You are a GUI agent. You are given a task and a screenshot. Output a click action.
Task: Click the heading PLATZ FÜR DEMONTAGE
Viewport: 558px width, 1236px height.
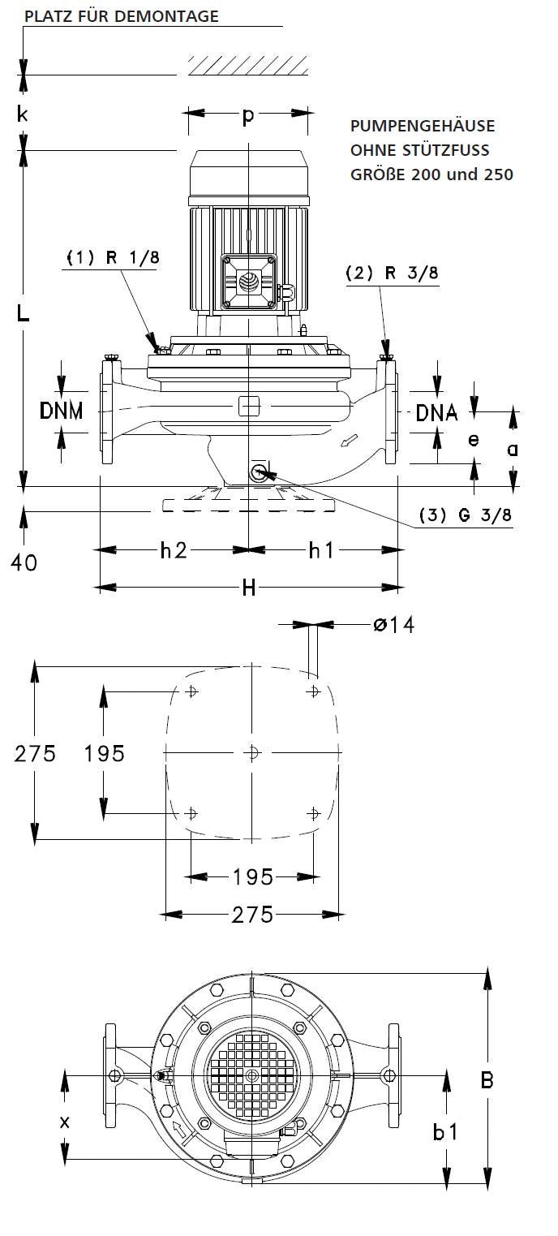[x=122, y=16]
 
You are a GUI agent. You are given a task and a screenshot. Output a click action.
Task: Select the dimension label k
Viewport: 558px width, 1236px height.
[x=24, y=114]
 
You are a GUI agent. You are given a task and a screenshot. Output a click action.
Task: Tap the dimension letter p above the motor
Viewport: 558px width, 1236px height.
[x=248, y=116]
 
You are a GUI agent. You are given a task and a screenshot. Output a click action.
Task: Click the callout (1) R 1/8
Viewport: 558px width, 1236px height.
[x=112, y=257]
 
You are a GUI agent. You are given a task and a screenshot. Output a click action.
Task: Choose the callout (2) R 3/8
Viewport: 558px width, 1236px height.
[x=392, y=273]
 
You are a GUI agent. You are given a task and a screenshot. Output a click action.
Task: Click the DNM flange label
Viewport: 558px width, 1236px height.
[x=62, y=411]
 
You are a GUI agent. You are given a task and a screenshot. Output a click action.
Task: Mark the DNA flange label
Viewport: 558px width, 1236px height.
[x=436, y=413]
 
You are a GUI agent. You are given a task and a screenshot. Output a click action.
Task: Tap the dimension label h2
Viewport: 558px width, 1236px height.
[x=173, y=550]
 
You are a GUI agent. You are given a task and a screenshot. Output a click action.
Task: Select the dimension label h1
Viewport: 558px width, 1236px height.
[x=320, y=550]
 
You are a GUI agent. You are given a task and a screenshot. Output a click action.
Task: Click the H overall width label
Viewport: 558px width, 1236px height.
[x=248, y=588]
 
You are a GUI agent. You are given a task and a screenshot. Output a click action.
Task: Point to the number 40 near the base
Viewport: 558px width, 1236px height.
[x=24, y=562]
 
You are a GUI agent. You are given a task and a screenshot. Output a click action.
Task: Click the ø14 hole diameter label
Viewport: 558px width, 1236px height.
[x=393, y=625]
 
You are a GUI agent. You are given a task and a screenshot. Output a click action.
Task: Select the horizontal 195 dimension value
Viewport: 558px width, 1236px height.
[x=252, y=876]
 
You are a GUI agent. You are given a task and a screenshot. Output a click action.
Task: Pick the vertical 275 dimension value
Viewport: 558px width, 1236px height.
[x=35, y=753]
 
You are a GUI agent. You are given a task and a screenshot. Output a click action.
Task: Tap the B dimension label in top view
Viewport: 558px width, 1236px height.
[x=487, y=1080]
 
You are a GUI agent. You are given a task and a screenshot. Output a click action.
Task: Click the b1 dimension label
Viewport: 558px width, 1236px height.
[x=445, y=1131]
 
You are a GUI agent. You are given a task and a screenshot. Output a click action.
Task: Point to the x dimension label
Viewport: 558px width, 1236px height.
[x=65, y=1121]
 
